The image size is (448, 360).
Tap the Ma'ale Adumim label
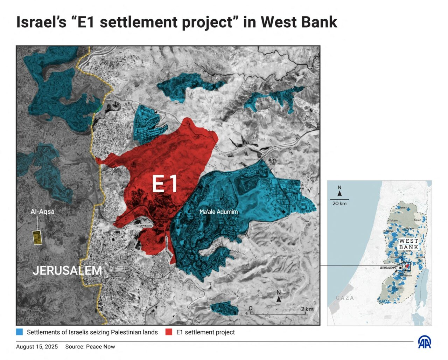coord(218,212)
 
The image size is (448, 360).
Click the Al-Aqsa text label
coord(42,211)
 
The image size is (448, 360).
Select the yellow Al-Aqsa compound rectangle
coord(36,237)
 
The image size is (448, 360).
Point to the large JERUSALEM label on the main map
coord(67,270)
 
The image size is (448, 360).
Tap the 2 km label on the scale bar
coord(307,309)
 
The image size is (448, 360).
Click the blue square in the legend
coord(20,332)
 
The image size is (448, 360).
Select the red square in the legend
coord(169,332)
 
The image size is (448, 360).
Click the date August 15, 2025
coord(37,347)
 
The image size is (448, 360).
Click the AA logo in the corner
coord(425,342)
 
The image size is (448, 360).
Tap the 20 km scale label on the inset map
coord(339,203)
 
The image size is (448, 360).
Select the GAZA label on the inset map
coord(345,298)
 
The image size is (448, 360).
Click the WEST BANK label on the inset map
coord(408,244)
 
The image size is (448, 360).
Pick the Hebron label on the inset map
coord(399,288)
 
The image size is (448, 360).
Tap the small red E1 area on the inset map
coord(407,267)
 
